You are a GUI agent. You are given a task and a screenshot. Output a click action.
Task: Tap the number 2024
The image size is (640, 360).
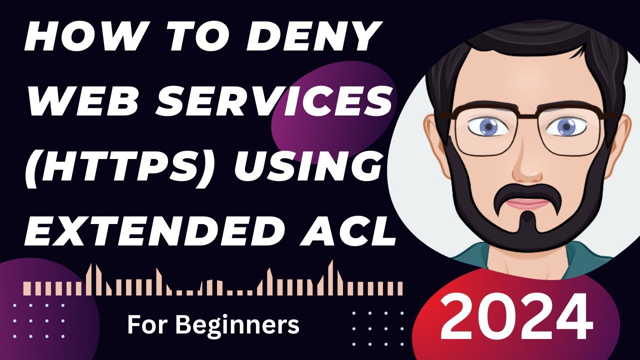[x=515, y=316]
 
